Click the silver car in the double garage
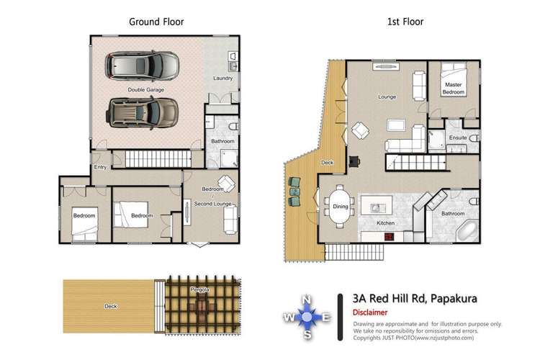tap(142, 66)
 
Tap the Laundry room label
tap(222, 78)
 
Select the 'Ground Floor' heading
tap(156, 22)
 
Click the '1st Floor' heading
tap(405, 22)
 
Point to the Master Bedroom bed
tap(454, 80)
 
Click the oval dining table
tap(341, 207)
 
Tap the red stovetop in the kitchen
tap(389, 237)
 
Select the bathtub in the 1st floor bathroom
tap(467, 231)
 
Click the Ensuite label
tap(458, 138)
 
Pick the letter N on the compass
tap(306, 300)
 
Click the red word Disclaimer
tap(370, 312)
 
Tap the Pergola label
tap(199, 289)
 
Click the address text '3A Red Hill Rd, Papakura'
tap(415, 298)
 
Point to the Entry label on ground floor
tap(100, 167)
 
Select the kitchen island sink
tap(376, 208)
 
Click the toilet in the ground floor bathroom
tap(234, 127)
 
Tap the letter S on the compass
tap(307, 334)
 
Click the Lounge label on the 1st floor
tap(387, 96)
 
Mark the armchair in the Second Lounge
tap(226, 184)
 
